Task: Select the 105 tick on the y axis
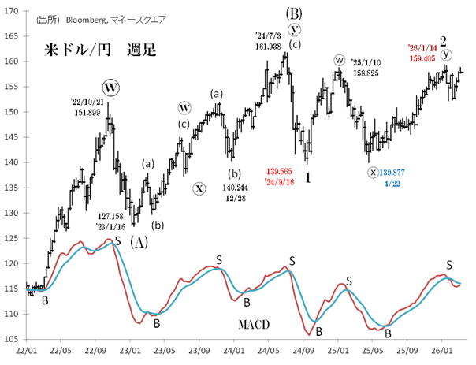tap(14, 340)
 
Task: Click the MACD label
tap(254, 324)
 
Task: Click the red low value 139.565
tap(281, 170)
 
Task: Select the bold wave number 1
tap(307, 178)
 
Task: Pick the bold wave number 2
tap(444, 39)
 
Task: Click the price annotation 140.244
tap(234, 188)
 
